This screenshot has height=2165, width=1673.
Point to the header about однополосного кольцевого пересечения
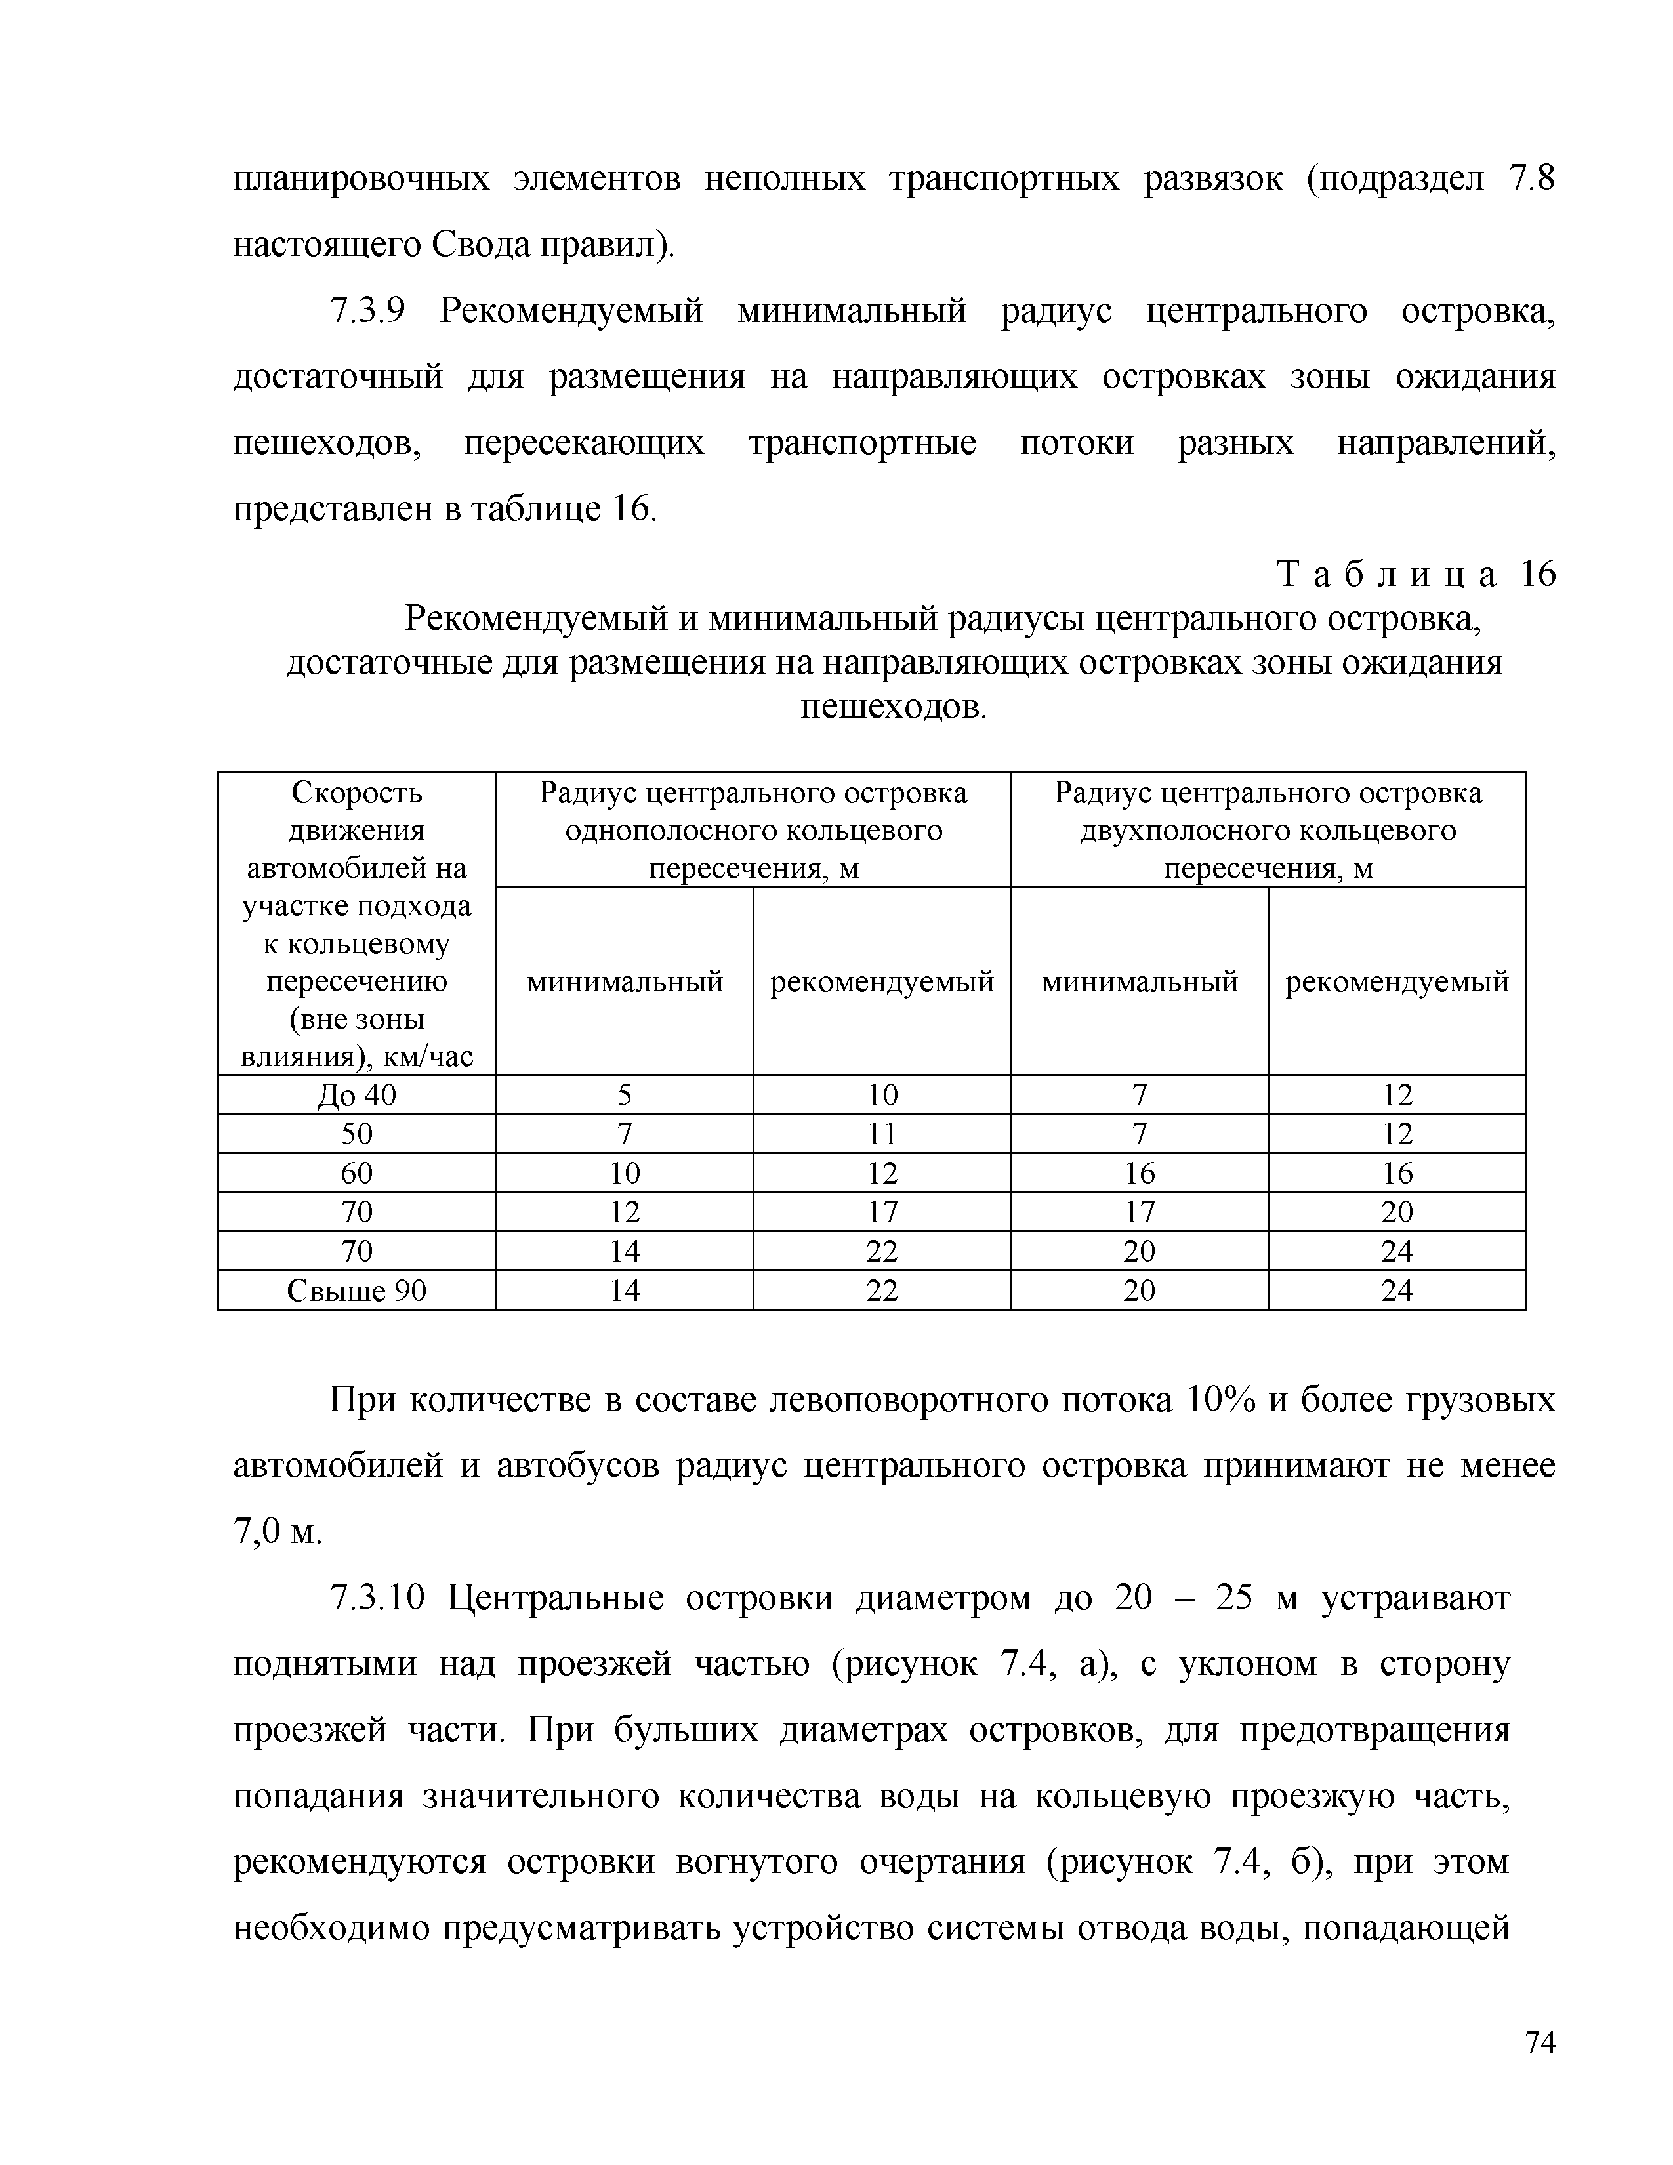click(753, 830)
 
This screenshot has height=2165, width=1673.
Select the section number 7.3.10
click(377, 1598)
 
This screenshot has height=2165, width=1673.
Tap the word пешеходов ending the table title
click(892, 707)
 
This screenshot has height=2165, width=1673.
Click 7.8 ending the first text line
click(1531, 179)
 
